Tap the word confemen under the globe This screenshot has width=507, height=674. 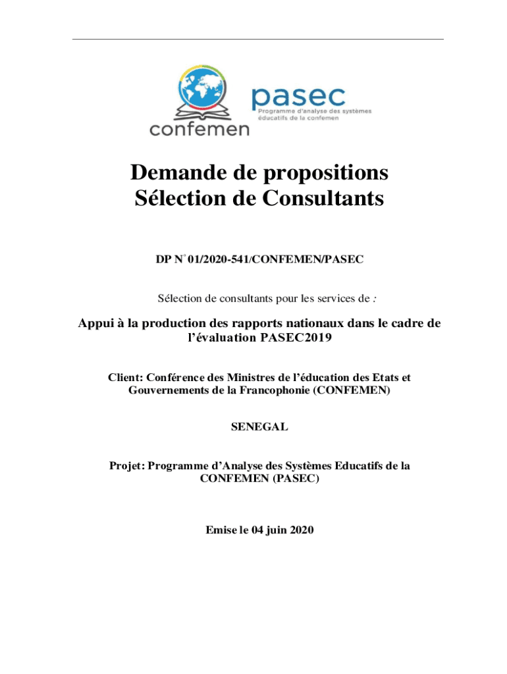coord(200,128)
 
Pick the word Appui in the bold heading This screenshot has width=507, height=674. coord(95,324)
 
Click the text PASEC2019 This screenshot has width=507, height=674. coord(305,339)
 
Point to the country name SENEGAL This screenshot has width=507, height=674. coord(259,427)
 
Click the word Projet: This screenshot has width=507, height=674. coord(126,466)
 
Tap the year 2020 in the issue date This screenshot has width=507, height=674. coord(300,529)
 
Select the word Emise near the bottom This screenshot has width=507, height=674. coord(221,529)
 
